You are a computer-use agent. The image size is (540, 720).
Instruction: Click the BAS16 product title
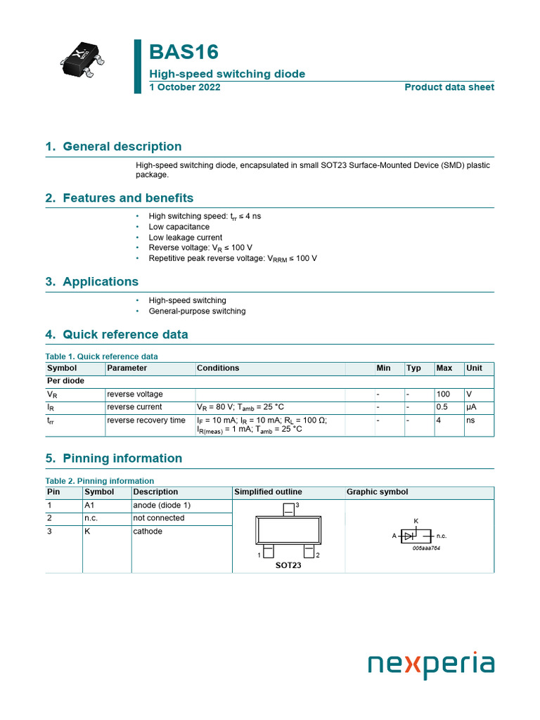click(x=184, y=52)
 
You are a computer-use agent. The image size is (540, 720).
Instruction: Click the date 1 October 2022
click(x=184, y=87)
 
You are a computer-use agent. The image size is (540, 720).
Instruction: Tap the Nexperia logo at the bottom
click(x=431, y=664)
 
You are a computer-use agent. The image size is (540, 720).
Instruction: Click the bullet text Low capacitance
click(x=179, y=227)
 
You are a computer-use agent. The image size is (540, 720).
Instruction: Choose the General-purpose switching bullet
click(x=197, y=311)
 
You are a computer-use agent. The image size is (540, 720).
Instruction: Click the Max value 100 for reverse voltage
click(x=443, y=394)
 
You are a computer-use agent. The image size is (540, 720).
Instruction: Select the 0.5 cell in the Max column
click(x=443, y=407)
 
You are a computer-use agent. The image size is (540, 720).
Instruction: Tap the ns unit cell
click(x=470, y=420)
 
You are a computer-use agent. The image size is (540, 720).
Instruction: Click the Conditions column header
click(x=218, y=368)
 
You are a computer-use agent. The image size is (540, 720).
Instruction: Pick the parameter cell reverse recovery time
click(x=146, y=420)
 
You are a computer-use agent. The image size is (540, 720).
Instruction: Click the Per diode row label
click(x=65, y=380)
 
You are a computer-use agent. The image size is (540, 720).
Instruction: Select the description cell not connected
click(x=159, y=518)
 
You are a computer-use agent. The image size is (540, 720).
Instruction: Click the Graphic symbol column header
click(x=377, y=492)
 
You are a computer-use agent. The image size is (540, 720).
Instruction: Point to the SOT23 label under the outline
click(x=288, y=565)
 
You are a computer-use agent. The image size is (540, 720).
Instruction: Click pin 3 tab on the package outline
click(x=288, y=510)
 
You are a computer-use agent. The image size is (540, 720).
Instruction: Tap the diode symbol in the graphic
click(x=408, y=536)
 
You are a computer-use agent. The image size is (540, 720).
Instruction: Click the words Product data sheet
click(x=449, y=87)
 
